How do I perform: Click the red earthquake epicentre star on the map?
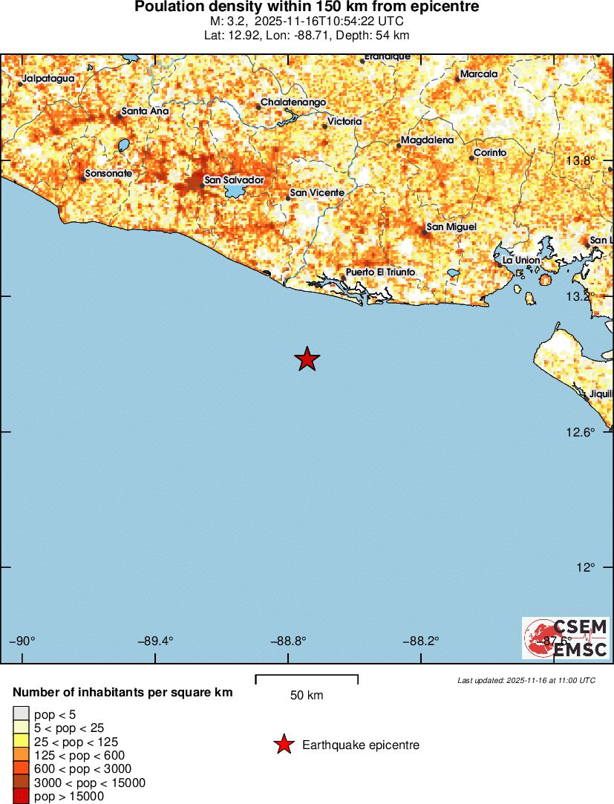click(x=307, y=359)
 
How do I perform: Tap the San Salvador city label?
click(x=234, y=180)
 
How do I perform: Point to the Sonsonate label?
click(x=108, y=174)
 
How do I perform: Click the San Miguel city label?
click(x=451, y=226)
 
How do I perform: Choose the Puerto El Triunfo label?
click(x=380, y=272)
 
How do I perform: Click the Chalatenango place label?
click(x=293, y=102)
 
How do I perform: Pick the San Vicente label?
click(x=317, y=193)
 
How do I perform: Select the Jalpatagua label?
click(x=48, y=78)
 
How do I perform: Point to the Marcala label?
click(x=479, y=74)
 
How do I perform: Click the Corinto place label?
click(x=490, y=153)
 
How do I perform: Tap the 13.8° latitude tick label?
click(x=581, y=161)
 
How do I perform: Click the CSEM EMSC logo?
click(x=566, y=638)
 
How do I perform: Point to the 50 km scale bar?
click(x=307, y=678)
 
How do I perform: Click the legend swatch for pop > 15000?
click(x=20, y=797)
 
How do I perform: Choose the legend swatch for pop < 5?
click(x=20, y=714)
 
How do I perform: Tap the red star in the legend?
click(x=284, y=745)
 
